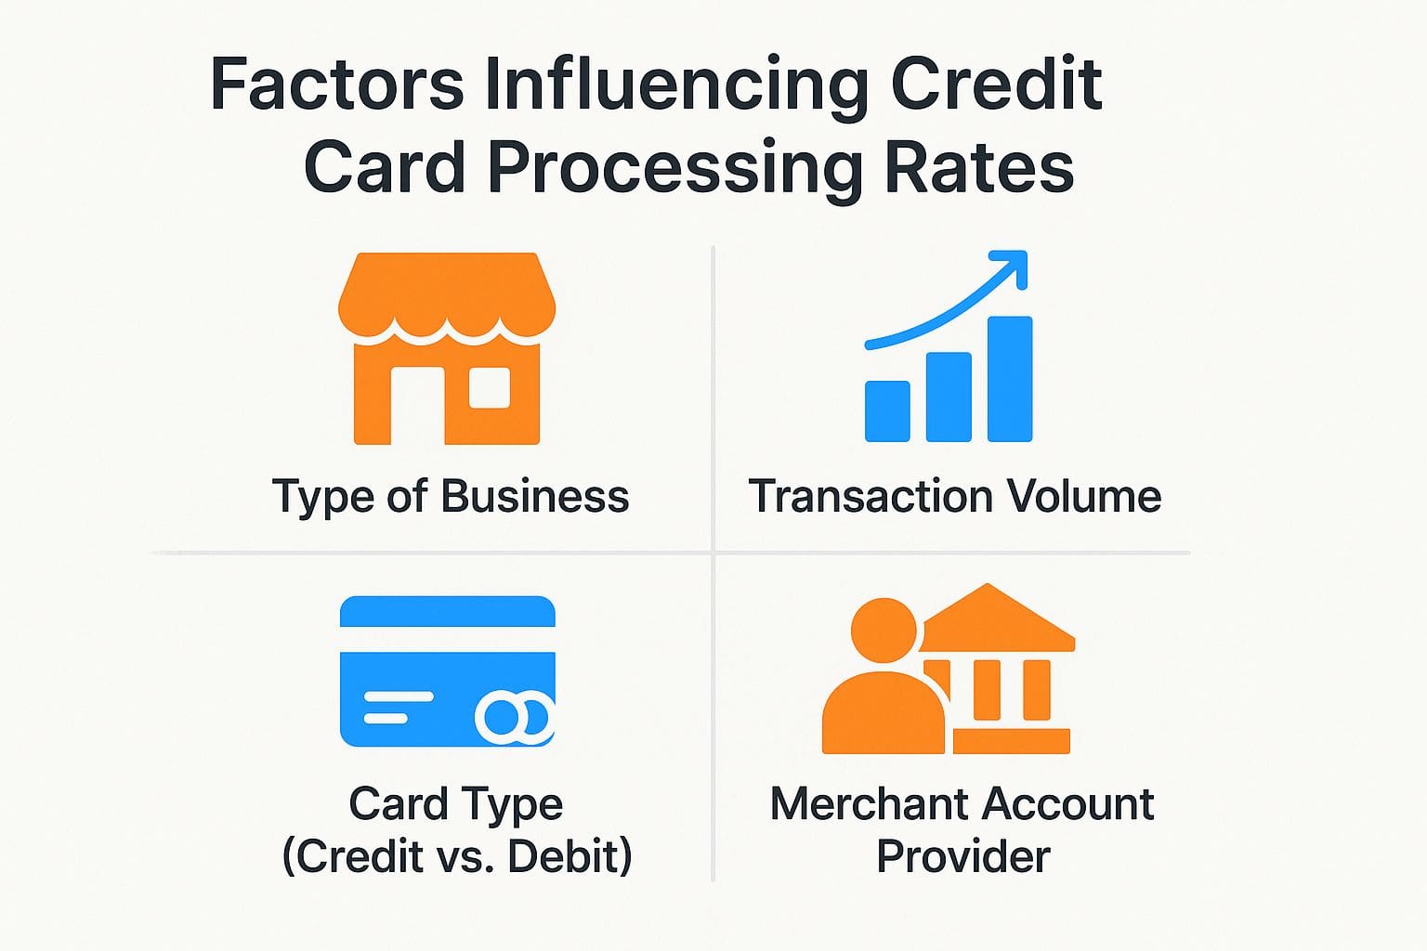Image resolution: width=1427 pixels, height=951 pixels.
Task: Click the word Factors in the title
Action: click(x=336, y=85)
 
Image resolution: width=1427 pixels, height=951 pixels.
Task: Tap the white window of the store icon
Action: click(x=490, y=388)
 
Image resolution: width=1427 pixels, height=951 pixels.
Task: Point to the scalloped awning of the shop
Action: click(x=447, y=297)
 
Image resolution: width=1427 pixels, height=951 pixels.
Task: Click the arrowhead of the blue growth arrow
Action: click(x=1013, y=264)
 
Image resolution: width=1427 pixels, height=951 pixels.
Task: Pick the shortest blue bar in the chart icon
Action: click(x=887, y=410)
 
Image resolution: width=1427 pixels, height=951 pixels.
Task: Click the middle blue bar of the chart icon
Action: click(x=949, y=397)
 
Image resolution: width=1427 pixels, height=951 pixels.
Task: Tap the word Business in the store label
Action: click(x=535, y=496)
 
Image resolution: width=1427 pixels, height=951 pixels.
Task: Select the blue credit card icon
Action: click(x=447, y=671)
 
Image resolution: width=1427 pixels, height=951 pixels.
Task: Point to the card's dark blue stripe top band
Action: click(x=447, y=612)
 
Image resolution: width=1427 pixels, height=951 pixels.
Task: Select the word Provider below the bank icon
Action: click(x=962, y=855)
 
